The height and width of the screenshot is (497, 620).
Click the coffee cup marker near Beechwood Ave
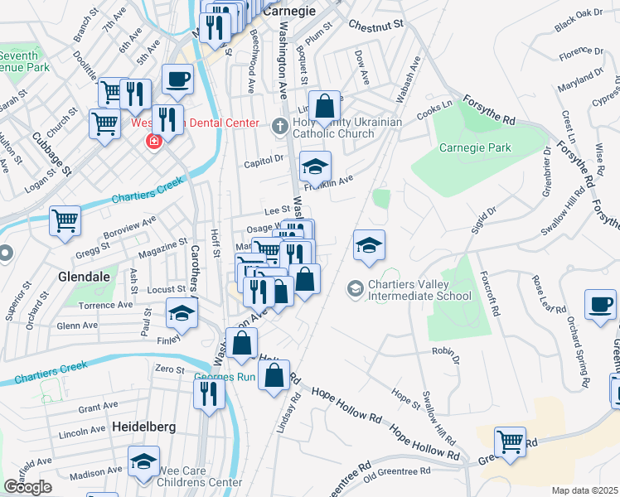pos(177,80)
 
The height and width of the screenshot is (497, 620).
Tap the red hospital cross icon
pos(153,142)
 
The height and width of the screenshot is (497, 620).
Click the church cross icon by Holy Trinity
pos(280,125)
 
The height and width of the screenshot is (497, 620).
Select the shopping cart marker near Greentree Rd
pos(510,441)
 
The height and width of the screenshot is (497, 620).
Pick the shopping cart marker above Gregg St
pos(65,221)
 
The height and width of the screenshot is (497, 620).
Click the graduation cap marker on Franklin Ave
pos(315,167)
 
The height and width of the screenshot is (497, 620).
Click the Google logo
pos(27,487)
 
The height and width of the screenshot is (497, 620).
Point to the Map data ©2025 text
pos(584,490)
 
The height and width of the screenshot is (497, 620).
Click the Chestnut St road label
pos(375,25)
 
